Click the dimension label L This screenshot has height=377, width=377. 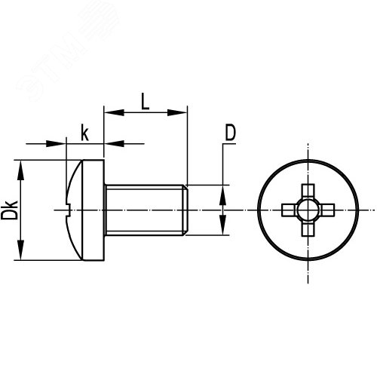[145, 101]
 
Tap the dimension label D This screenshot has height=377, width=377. [230, 133]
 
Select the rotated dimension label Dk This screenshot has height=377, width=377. [9, 210]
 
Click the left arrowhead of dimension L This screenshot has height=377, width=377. [114, 112]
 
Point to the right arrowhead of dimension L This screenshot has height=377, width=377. [177, 112]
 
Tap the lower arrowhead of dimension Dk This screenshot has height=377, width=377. [20, 250]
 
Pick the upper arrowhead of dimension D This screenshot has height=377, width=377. [222, 195]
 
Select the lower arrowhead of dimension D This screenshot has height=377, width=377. [222, 225]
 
